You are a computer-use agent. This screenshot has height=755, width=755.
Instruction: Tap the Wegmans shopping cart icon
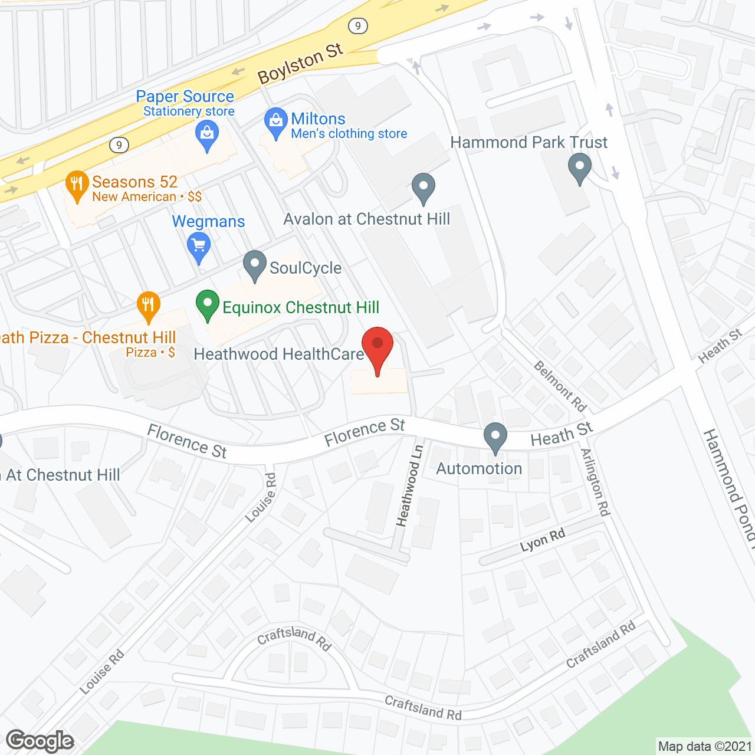[199, 246]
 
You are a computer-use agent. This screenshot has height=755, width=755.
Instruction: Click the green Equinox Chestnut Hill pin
[207, 304]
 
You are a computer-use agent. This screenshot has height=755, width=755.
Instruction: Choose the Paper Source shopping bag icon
[207, 134]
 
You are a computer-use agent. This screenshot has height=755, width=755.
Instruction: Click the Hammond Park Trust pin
[579, 167]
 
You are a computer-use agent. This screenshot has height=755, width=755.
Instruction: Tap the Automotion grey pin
[495, 437]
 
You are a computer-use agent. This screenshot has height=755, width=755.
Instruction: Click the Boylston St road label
[300, 64]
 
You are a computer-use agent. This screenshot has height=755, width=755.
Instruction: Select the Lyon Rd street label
[543, 540]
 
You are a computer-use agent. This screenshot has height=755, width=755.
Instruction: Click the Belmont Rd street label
[560, 386]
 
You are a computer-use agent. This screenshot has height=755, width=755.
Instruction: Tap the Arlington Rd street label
[595, 482]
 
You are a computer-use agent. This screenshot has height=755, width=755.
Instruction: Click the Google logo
[40, 741]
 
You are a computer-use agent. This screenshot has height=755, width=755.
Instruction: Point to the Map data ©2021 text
[705, 746]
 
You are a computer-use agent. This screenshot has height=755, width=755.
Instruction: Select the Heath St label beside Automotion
[561, 435]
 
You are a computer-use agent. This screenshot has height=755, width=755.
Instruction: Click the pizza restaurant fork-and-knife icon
[148, 306]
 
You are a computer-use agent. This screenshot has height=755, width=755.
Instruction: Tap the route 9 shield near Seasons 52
[119, 145]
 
